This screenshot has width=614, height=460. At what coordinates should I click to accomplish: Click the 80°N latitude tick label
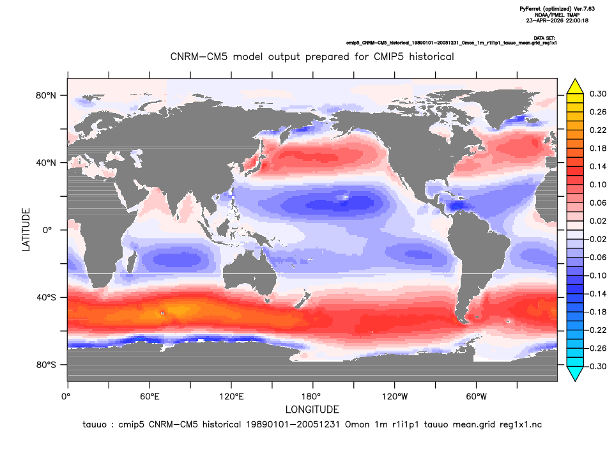point(46,96)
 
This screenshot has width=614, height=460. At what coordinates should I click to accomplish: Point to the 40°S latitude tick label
point(46,298)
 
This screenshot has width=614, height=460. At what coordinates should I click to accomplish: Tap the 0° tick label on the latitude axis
point(47,230)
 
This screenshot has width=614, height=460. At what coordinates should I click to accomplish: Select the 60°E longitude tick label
point(150,397)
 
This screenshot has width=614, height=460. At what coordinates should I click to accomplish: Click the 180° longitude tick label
point(313,397)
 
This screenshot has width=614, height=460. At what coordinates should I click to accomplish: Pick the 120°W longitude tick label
point(395,397)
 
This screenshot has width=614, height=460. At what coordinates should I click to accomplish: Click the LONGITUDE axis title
point(312,410)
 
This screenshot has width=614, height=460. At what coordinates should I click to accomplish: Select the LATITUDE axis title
point(26,230)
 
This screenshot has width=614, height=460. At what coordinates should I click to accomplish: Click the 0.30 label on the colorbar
point(598,94)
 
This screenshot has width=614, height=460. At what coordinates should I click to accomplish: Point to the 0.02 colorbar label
point(598,221)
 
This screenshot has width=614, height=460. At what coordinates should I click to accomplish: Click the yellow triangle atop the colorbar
point(575,86)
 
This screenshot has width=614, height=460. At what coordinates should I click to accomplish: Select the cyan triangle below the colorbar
point(575,374)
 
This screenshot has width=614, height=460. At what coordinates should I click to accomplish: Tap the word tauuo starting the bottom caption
point(95,425)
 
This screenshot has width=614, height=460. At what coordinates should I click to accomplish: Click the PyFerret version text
point(557,9)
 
